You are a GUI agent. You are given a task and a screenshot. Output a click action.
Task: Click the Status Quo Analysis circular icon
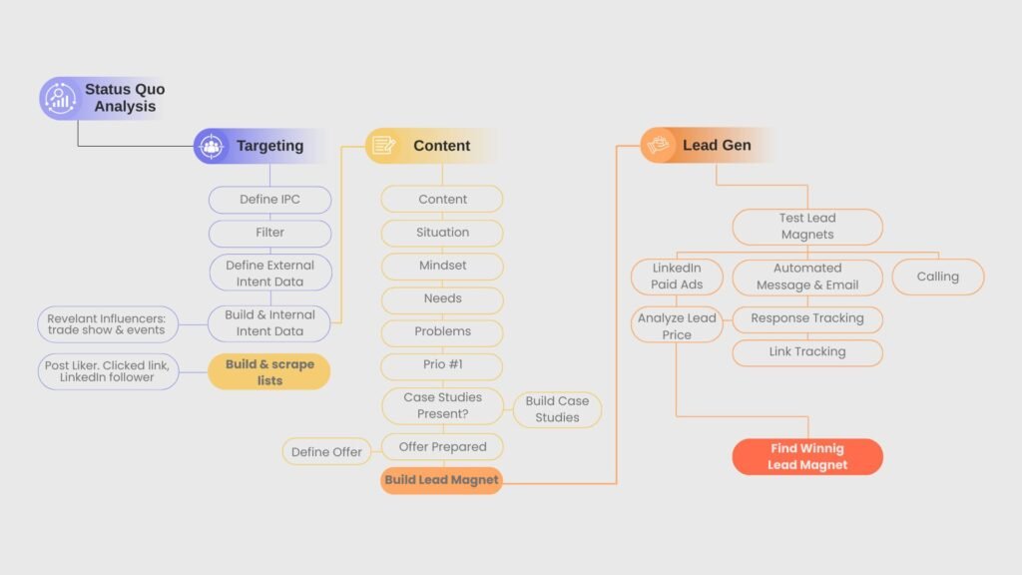click(x=58, y=98)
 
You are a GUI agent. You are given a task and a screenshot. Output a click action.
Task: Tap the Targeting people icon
click(x=212, y=146)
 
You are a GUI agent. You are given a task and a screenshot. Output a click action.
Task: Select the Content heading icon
click(x=383, y=146)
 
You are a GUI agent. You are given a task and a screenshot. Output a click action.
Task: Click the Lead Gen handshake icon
click(x=659, y=146)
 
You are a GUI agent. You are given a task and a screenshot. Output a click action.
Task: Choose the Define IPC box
click(x=269, y=200)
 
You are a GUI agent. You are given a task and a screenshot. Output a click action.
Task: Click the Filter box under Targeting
click(x=269, y=233)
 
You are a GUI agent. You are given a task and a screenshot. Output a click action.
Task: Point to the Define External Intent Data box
click(x=269, y=274)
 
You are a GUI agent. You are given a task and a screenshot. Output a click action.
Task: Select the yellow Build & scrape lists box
click(x=269, y=372)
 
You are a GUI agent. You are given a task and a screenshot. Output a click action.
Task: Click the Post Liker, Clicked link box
click(x=107, y=372)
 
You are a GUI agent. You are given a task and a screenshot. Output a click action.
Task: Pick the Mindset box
click(x=442, y=266)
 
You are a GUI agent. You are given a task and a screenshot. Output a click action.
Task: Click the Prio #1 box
click(x=442, y=364)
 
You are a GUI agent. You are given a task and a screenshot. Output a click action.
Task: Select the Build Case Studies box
click(x=557, y=409)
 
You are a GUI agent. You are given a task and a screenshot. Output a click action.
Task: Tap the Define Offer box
click(x=326, y=452)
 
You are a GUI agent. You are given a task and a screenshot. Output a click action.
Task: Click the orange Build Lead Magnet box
click(x=441, y=480)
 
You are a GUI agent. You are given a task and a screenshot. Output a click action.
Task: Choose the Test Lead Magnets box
click(x=807, y=227)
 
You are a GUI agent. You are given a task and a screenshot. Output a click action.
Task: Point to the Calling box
click(x=937, y=277)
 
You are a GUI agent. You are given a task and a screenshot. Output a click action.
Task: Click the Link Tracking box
click(x=807, y=352)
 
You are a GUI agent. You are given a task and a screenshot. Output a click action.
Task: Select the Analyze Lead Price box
click(x=677, y=326)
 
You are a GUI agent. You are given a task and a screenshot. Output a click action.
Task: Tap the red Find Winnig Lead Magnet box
click(x=807, y=457)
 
